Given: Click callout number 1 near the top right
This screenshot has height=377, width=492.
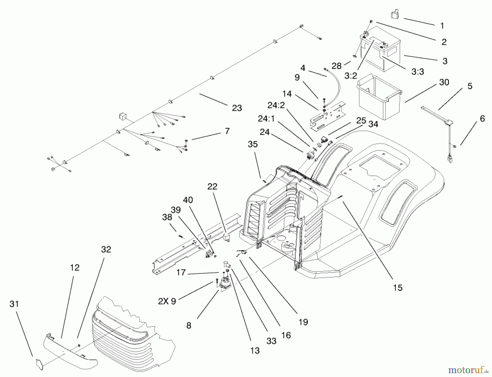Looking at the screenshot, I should coord(442,26).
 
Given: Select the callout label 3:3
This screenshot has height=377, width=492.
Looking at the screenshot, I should coord(418,72).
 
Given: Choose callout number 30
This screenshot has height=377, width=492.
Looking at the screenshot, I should coord(444,82).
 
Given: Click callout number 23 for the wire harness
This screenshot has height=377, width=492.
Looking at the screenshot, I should coord(237,108).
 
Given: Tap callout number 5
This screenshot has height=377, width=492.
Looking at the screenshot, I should coord(470,86).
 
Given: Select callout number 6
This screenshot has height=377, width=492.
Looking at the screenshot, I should coord(482,118).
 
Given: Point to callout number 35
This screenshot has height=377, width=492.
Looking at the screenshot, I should coord(253,144).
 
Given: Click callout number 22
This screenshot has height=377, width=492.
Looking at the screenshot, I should coord(212,186).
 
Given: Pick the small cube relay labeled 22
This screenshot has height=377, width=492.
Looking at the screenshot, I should coord(226,237).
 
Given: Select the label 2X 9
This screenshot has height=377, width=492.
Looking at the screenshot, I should coord(167,301).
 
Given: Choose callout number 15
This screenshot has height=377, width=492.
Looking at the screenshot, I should coord(398,287).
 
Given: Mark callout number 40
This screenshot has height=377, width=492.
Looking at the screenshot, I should coord(188,200).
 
